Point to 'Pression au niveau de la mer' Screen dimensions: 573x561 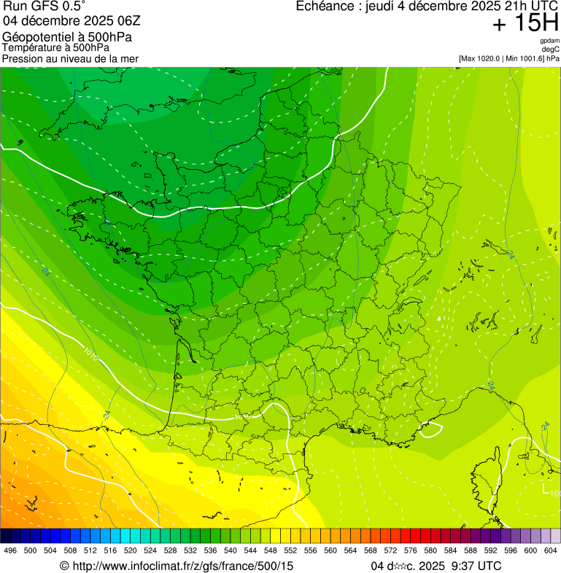[x=70, y=58]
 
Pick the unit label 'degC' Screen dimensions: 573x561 [x=551, y=50]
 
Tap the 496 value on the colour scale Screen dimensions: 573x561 [x=10, y=550]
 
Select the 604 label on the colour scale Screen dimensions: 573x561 [x=551, y=550]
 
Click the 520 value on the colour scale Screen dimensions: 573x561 [x=131, y=550]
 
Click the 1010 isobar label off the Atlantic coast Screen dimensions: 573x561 [x=90, y=356]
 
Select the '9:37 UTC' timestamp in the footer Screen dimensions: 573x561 [x=476, y=566]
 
